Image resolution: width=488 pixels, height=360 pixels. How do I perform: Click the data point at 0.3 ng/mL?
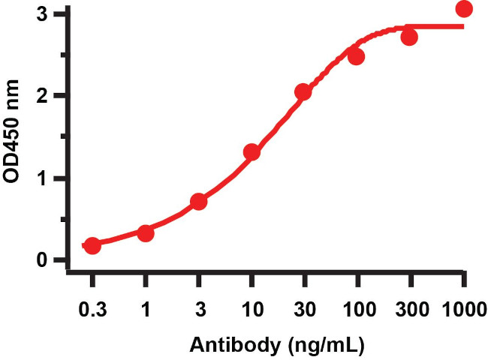[x=92, y=246]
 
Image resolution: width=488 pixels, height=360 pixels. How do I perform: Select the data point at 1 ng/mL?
[x=146, y=233]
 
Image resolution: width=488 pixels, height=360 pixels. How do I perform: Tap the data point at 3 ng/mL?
[x=199, y=202]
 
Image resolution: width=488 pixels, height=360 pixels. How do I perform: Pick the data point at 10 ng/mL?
[x=252, y=152]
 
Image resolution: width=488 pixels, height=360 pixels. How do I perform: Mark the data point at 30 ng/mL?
[x=303, y=92]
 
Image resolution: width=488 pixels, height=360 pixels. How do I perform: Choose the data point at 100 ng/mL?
[x=356, y=57]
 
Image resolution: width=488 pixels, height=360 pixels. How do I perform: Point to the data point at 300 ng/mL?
[x=409, y=37]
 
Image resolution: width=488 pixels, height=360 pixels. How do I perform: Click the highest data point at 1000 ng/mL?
[x=464, y=9]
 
